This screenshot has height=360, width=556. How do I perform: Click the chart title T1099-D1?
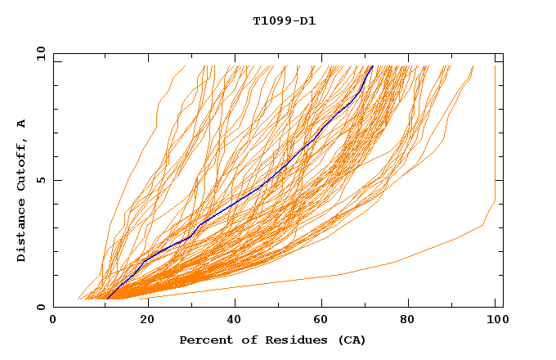tap(285, 21)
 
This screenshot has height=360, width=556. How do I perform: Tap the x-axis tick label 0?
tap(53, 321)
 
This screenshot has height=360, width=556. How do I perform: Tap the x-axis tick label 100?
tap(495, 321)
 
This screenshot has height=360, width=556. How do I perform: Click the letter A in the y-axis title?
tap(21, 124)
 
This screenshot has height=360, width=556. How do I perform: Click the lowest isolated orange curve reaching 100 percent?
tap(392, 262)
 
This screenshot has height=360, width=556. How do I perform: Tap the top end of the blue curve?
tap(372, 66)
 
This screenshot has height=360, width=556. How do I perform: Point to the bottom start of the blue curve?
tap(107, 299)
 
